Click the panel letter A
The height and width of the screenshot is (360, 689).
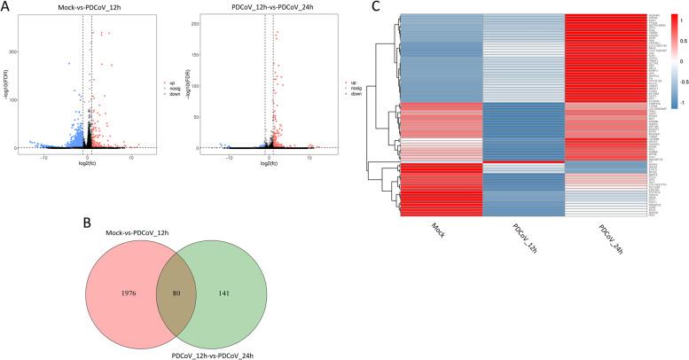point(7,9)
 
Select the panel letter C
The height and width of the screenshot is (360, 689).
point(375,8)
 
